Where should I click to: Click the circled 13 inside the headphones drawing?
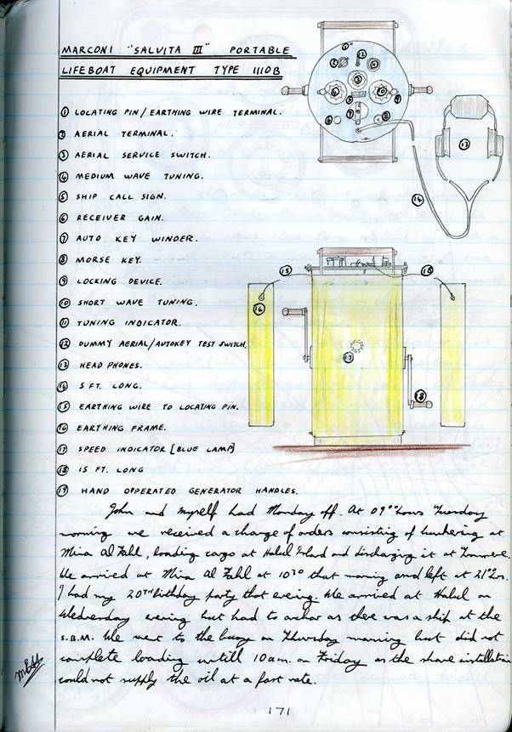click(464, 145)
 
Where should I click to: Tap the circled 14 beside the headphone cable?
click(418, 200)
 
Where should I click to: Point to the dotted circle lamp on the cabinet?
click(356, 346)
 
